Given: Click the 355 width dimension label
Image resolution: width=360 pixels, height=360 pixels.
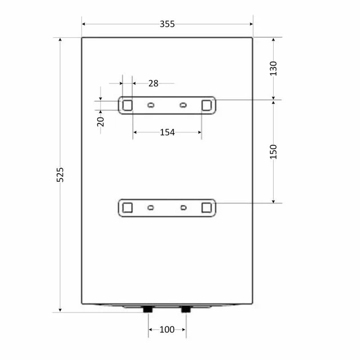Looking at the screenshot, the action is tap(167, 24).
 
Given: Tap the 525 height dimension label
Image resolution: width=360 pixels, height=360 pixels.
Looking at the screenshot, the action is tap(60, 175).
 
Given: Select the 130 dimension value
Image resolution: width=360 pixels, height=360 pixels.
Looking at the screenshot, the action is tap(273, 69).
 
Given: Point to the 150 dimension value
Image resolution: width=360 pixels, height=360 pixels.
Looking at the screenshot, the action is tap(273, 152).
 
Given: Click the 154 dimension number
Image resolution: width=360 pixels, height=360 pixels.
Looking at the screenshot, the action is tap(167, 132).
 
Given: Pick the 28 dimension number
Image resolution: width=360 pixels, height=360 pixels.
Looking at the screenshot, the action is tap(153, 83).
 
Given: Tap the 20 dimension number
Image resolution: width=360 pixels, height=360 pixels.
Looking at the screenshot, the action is tap(101, 122).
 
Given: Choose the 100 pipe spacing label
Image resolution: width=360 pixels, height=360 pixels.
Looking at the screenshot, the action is tap(167, 330).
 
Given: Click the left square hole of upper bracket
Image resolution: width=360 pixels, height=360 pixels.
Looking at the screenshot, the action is tap(127, 105).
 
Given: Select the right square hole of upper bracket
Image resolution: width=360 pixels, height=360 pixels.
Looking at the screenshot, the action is tap(207, 105).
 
